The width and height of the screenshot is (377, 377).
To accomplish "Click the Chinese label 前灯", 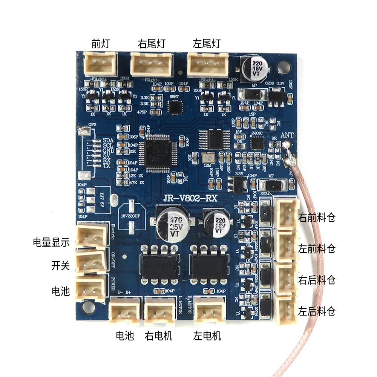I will pyautogui.click(x=100, y=44).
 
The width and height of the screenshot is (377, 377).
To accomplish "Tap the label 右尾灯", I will pyautogui.click(x=152, y=44).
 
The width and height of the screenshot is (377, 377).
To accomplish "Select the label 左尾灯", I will pyautogui.click(x=206, y=44).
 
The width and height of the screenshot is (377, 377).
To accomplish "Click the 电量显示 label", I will pyautogui.click(x=51, y=242).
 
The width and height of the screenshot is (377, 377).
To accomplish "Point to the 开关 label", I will pyautogui.click(x=61, y=266).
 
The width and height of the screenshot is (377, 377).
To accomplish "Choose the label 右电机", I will pyautogui.click(x=158, y=336).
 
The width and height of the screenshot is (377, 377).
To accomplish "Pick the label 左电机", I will pyautogui.click(x=207, y=336).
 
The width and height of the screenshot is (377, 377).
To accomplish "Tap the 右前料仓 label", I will pyautogui.click(x=317, y=218).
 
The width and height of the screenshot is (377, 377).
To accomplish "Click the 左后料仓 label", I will pyautogui.click(x=317, y=312).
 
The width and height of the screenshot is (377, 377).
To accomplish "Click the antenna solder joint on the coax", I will pyautogui.click(x=289, y=161).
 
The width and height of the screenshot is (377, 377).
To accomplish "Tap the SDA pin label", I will pyautogui.click(x=108, y=140).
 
